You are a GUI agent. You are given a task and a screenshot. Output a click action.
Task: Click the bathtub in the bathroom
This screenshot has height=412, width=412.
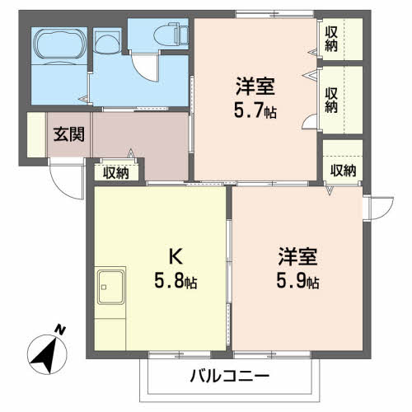pyautogui.click(x=59, y=44)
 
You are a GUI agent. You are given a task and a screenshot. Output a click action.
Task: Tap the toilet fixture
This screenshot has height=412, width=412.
pyautogui.click(x=171, y=35)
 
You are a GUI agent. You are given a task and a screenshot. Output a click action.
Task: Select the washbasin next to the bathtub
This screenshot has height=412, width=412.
pyautogui.click(x=107, y=42)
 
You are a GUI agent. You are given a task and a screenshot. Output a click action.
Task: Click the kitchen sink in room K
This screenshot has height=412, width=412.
pyautogui.click(x=110, y=287)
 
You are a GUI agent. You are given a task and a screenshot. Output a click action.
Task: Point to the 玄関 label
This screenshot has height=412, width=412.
pyautogui.click(x=69, y=134)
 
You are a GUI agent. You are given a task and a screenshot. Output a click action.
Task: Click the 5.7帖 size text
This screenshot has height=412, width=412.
pyautogui.click(x=255, y=110)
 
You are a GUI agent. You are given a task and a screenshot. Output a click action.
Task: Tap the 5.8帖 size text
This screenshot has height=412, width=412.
pyautogui.click(x=176, y=280)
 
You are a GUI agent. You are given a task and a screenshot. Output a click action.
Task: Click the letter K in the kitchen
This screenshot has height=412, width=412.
pyautogui.click(x=176, y=256)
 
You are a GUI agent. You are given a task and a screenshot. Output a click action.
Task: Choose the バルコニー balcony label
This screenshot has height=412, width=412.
pyautogui.click(x=230, y=376)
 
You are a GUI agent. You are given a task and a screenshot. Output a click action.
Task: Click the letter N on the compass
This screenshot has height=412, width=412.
pyautogui.click(x=60, y=330)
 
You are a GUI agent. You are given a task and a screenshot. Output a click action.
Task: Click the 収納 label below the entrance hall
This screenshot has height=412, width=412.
pyautogui.click(x=116, y=173)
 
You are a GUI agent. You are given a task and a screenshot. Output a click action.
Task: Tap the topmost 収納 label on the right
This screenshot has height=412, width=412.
pyautogui.click(x=331, y=40)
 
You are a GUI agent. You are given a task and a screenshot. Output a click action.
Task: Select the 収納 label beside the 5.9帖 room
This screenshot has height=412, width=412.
pyautogui.click(x=343, y=171)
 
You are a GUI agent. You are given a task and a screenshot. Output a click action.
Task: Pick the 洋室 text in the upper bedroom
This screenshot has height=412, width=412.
pyautogui.click(x=255, y=87)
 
